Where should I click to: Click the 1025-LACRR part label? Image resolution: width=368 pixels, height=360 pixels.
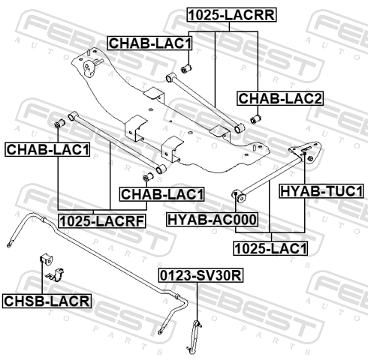click(232, 15)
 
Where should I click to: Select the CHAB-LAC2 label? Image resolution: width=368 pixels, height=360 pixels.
click(280, 98)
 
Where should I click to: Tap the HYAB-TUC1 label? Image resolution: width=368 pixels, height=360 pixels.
click(321, 191)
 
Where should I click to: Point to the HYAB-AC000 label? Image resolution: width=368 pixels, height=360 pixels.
click(212, 220)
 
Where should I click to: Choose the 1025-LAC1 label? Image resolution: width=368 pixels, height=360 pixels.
click(270, 248)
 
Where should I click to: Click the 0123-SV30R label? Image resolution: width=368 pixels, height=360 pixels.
click(201, 275)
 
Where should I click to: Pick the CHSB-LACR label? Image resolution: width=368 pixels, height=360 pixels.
click(47, 301)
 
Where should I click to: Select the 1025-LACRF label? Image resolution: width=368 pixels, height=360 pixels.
click(102, 221)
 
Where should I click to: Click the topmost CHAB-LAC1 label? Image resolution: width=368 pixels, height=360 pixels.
click(150, 43)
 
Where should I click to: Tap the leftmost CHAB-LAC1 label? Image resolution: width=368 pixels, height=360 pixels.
click(47, 150)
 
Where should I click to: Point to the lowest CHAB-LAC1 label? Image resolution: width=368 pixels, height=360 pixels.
click(161, 194)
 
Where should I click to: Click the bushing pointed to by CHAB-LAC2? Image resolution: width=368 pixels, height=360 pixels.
click(255, 118)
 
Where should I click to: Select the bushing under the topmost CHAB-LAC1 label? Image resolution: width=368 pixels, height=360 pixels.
click(186, 68)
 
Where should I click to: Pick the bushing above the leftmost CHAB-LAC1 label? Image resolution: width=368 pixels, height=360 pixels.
click(60, 123)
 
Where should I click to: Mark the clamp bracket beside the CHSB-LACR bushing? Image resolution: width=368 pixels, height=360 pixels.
click(56, 274)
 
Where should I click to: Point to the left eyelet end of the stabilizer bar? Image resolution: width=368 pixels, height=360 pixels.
click(9, 245)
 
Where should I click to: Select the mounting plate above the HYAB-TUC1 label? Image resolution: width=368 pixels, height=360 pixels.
click(306, 152)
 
